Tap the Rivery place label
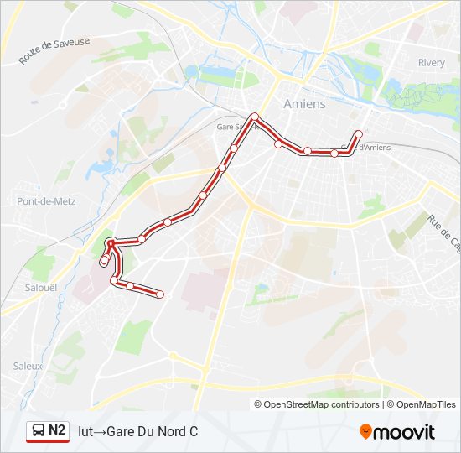[x=432, y=63]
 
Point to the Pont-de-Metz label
[x=39, y=201]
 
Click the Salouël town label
[x=29, y=287]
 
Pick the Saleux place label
[x=28, y=366]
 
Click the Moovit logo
[x=397, y=432]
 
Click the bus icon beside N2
[x=39, y=431]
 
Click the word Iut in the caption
[x=85, y=432]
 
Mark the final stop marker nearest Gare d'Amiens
[x=359, y=134]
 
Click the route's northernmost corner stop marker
[x=254, y=117]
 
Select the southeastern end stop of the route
[x=159, y=294]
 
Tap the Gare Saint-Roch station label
[x=232, y=127]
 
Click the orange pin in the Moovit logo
[x=366, y=432]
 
